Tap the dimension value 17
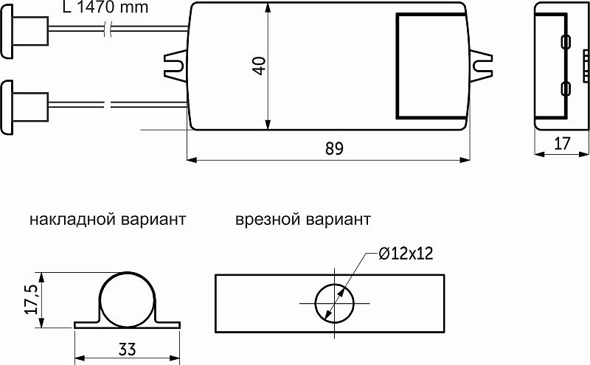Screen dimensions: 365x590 point(562,143)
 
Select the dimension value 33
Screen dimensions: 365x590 point(128,348)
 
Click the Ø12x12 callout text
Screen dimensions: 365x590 point(405,253)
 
